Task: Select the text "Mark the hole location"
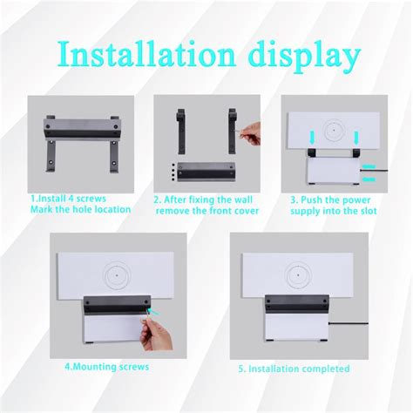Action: [x=79, y=209]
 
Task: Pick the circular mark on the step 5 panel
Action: [x=297, y=271]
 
